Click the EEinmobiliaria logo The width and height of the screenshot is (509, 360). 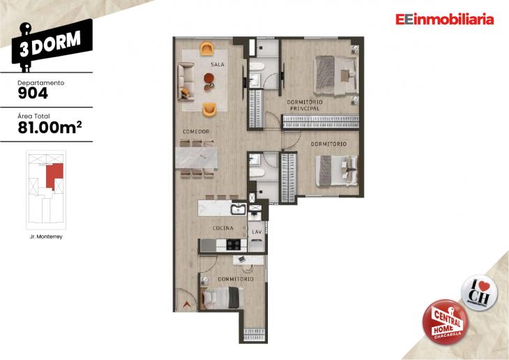click(443, 20)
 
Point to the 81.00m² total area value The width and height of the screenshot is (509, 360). click(47, 126)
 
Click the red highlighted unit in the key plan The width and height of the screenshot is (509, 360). click(54, 174)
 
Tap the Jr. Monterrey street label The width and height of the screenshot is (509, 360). click(46, 237)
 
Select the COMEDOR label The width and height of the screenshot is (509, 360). click(197, 132)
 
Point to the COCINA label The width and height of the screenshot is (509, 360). click(222, 227)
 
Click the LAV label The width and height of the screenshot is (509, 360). click(256, 231)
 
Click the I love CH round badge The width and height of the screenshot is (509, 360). click(478, 290)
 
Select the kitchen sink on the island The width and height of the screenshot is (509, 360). click(238, 209)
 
